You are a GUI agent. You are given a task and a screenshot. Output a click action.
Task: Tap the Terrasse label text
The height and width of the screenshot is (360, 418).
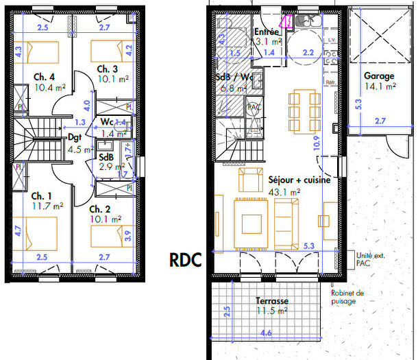(272, 301)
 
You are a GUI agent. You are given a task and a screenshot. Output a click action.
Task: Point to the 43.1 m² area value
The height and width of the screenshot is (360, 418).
(284, 193)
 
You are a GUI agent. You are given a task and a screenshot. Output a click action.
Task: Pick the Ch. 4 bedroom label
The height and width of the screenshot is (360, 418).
(42, 77)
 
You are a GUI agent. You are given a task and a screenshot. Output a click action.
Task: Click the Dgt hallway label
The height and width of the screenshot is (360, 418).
(75, 137)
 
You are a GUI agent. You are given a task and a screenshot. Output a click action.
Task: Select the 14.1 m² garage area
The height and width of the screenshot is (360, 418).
(380, 86)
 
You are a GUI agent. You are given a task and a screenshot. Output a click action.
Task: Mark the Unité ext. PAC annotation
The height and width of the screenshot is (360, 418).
(370, 258)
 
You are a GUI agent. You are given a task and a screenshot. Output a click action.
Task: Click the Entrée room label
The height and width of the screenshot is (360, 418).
(266, 32)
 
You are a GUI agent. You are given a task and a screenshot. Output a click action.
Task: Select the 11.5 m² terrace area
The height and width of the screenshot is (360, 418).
(272, 311)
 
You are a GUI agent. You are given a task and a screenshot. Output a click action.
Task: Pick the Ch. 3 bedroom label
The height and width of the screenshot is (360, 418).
(107, 69)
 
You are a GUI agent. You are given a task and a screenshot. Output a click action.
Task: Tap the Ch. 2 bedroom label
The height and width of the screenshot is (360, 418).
(100, 208)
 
